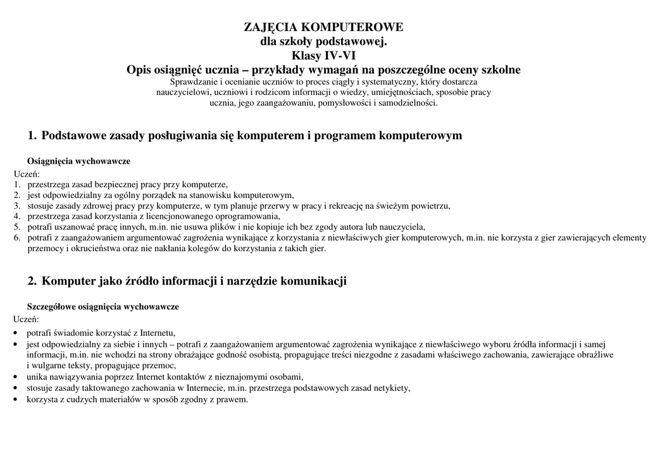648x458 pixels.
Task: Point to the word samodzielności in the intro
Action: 408,102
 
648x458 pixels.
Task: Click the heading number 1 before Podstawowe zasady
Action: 32,136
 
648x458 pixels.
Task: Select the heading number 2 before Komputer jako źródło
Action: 32,281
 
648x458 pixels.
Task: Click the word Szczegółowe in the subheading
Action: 51,307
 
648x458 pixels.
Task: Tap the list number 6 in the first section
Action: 17,238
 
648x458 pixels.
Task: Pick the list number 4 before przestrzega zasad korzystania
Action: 17,216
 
